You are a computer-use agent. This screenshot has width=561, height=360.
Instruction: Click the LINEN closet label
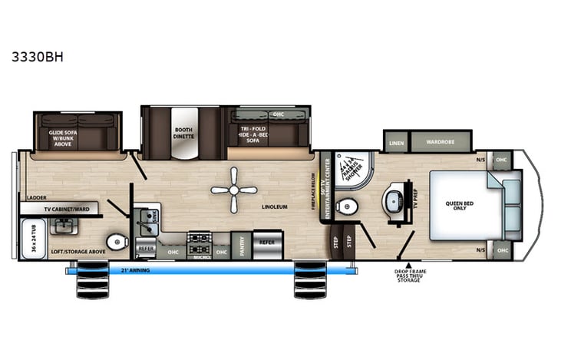pyautogui.click(x=396, y=143)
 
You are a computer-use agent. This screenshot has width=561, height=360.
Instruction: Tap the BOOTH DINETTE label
pyautogui.click(x=183, y=133)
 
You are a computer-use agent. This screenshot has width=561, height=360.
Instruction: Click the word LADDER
pyautogui.click(x=36, y=197)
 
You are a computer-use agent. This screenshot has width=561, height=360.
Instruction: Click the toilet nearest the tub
pyautogui.click(x=117, y=242)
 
